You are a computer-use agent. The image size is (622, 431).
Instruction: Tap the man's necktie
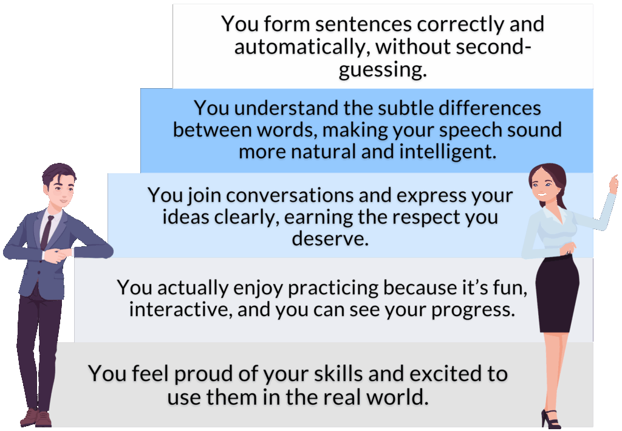click(x=46, y=232)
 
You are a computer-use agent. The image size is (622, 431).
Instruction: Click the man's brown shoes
click(x=36, y=418)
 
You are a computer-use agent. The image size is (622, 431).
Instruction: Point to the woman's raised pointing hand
click(x=613, y=184)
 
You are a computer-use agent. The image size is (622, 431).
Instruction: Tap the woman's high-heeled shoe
click(x=551, y=419)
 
